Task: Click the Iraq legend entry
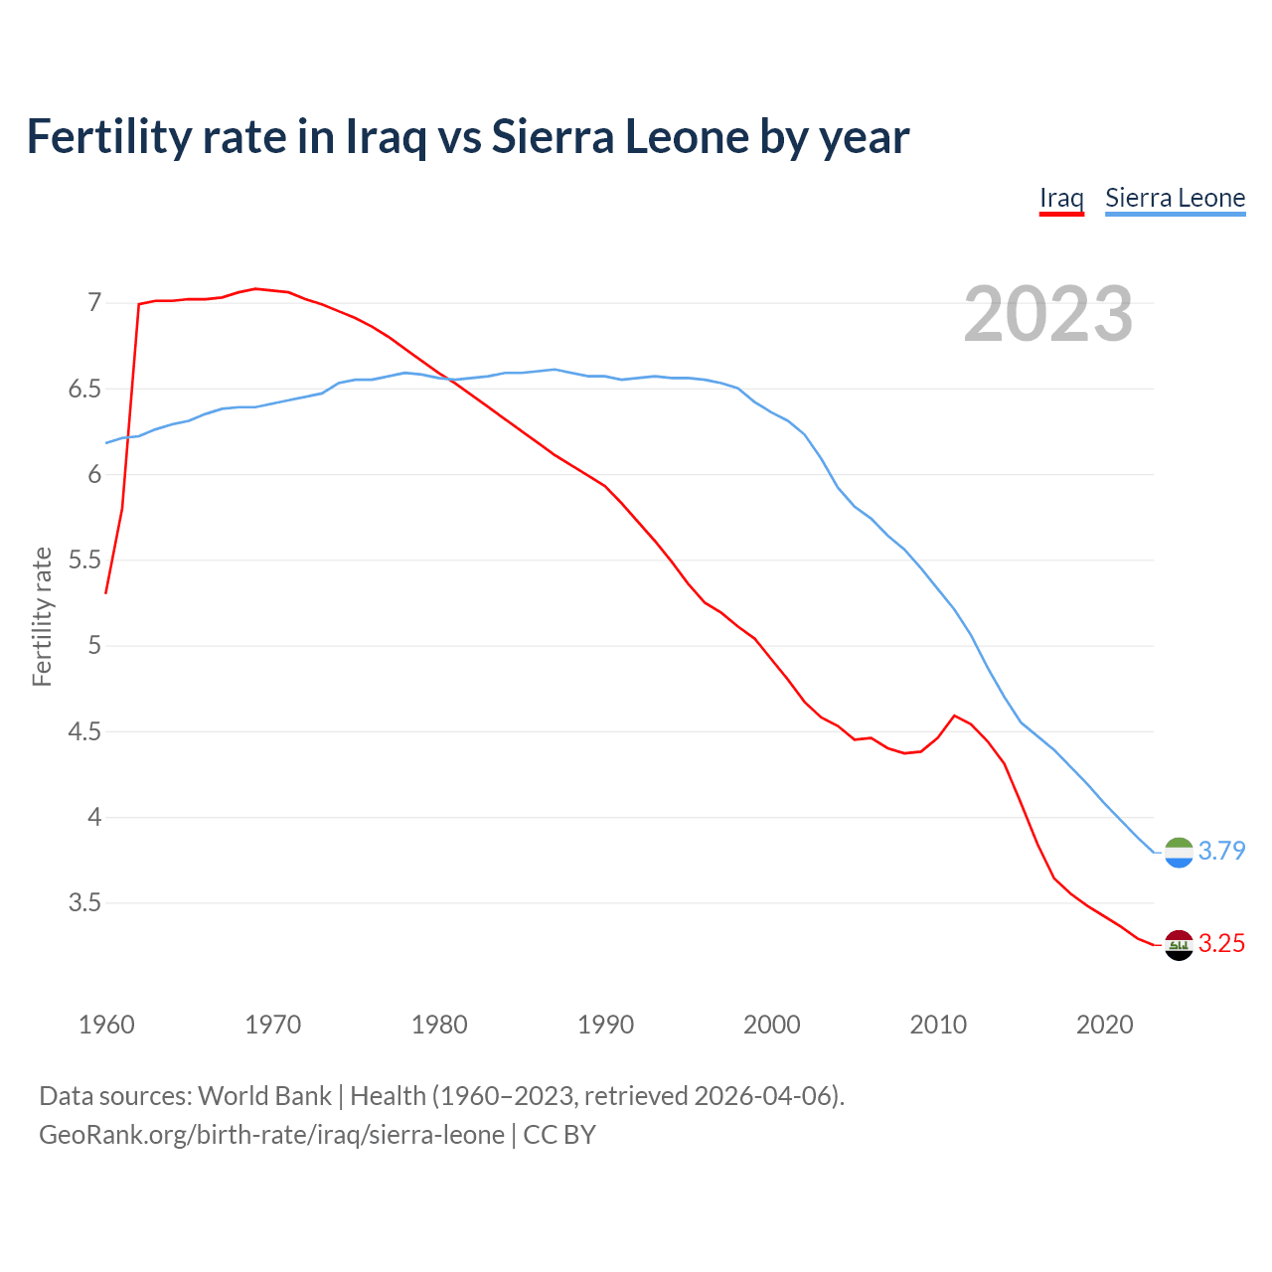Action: click(1060, 198)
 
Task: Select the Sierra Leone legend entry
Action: click(1175, 198)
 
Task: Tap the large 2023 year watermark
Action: click(1047, 314)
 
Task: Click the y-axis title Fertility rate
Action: click(42, 616)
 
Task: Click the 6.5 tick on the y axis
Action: click(84, 389)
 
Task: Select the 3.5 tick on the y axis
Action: click(84, 903)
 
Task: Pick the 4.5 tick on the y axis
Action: click(84, 732)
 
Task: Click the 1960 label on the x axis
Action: click(106, 1025)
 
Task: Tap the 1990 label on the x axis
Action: click(605, 1025)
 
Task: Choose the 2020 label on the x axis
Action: click(1104, 1025)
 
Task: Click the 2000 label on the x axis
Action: click(771, 1025)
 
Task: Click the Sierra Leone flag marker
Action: click(1179, 852)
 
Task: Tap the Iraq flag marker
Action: click(1179, 945)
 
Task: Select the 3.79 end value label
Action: click(1221, 852)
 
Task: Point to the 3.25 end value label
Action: click(1221, 944)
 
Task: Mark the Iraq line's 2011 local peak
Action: click(954, 715)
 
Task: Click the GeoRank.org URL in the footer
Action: click(271, 1135)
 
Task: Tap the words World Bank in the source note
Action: click(264, 1096)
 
